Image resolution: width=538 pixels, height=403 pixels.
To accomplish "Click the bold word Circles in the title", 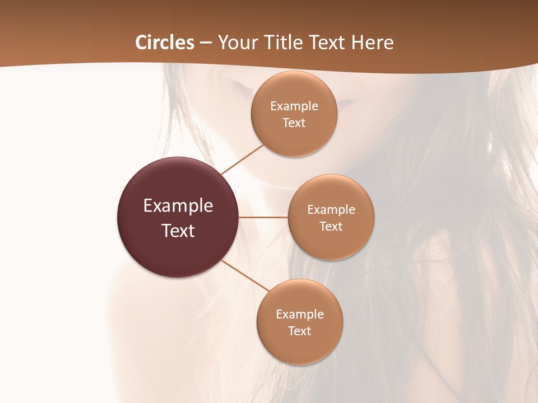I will tap(164, 43).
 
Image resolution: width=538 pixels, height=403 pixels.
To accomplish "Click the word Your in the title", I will tap(238, 43).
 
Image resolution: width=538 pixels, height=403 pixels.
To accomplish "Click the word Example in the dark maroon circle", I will tap(178, 206).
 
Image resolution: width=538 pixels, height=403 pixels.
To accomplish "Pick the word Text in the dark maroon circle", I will tap(178, 231).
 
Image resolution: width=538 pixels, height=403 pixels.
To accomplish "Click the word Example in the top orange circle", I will tap(294, 106).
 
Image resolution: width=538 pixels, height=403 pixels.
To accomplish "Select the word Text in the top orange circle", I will tap(294, 123).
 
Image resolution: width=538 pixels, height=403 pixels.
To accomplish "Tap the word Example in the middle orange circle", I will tap(331, 210).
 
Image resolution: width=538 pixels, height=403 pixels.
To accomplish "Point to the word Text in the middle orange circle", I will tap(331, 227).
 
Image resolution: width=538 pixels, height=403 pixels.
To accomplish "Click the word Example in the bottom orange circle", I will tap(299, 315).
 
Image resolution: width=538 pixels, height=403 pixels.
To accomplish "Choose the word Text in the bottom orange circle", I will tap(299, 331).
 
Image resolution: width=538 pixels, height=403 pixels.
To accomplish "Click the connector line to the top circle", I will tap(242, 159).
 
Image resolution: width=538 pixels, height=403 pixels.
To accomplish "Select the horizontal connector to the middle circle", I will tap(263, 217).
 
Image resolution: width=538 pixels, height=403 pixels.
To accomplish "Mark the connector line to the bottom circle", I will tap(245, 275).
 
